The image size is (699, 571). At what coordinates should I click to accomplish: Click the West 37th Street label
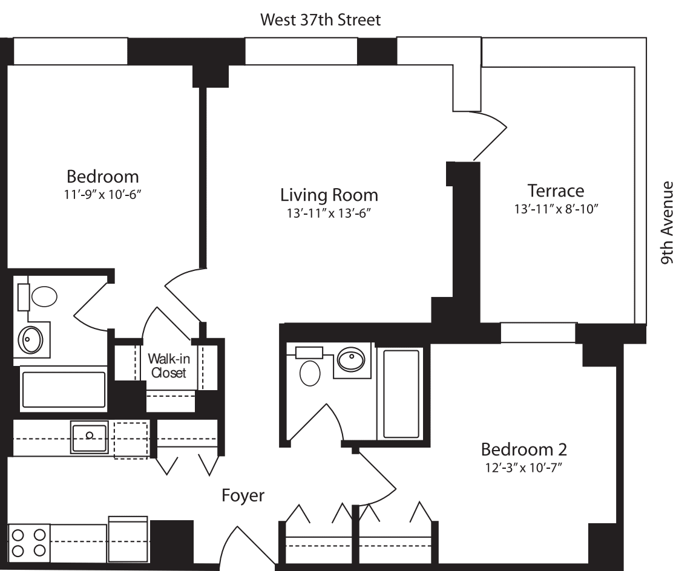click(320, 20)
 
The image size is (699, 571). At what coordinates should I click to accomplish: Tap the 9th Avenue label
click(667, 223)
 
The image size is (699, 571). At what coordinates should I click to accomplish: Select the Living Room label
click(329, 195)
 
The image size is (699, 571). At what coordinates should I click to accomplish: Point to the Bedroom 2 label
click(523, 449)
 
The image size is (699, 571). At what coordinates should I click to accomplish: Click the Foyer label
click(243, 495)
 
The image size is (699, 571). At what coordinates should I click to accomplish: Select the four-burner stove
click(28, 543)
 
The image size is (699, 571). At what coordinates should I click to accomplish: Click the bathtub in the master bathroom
click(64, 388)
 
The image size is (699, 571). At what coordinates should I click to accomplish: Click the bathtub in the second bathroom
click(398, 393)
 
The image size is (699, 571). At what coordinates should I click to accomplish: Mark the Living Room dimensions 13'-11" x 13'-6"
click(329, 213)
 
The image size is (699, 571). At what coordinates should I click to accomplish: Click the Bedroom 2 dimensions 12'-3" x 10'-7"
click(523, 467)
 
